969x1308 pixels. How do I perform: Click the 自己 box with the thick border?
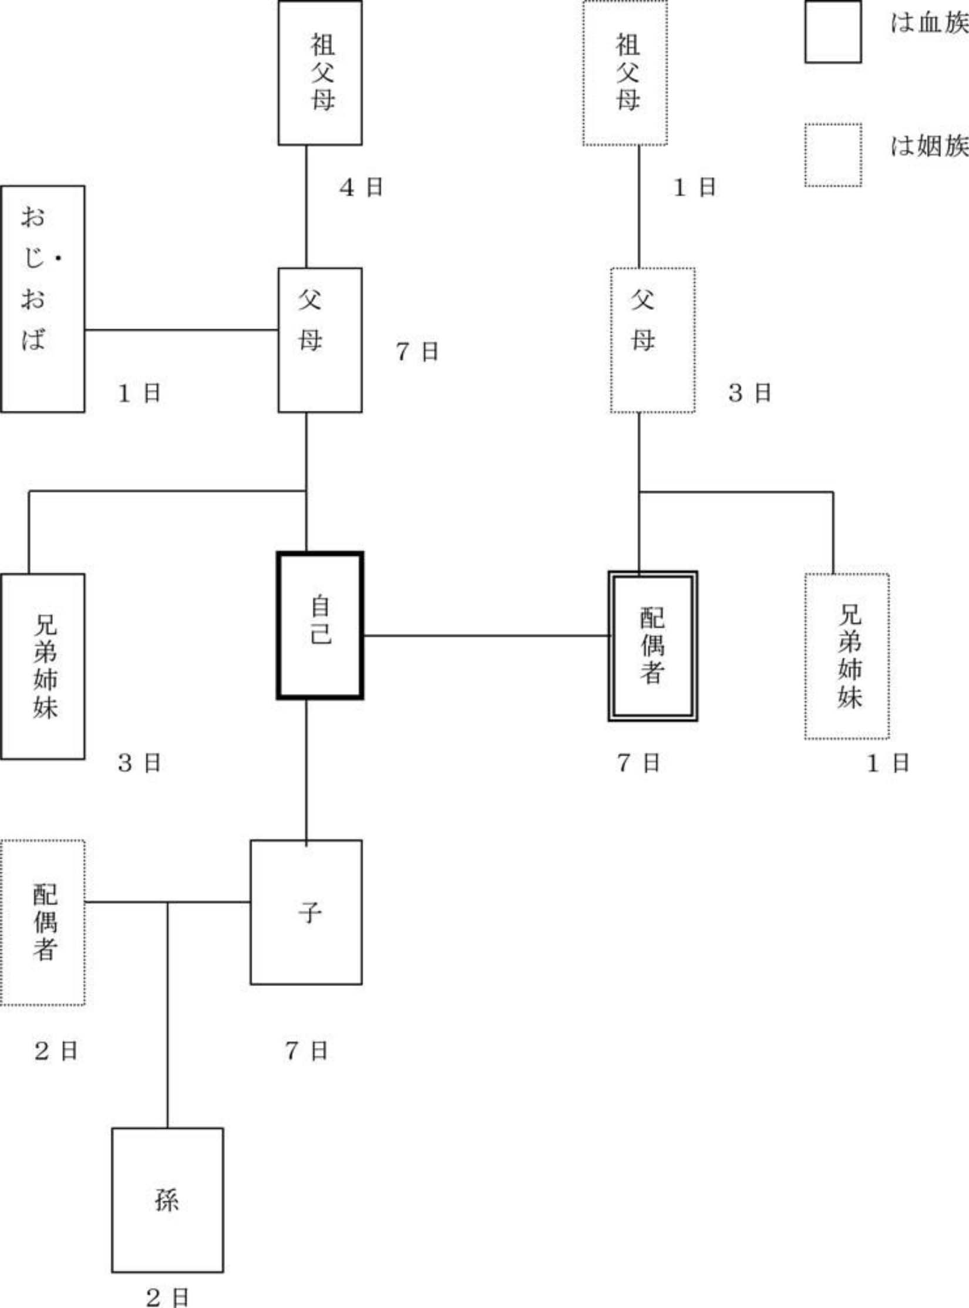319,625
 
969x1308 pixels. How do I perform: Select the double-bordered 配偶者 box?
652,646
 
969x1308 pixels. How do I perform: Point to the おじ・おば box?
42,299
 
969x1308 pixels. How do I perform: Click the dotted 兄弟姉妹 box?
846,656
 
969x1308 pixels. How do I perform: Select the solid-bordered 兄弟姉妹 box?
42,666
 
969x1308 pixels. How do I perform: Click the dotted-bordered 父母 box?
652,340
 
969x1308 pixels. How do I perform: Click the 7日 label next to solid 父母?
417,352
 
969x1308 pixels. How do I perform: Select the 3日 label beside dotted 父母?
749,393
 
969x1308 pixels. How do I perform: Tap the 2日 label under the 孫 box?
167,1297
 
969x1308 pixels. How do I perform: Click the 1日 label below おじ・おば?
139,393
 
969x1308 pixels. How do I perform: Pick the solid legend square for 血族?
833,32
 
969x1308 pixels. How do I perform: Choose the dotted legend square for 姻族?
833,155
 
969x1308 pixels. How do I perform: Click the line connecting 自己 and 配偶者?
486,635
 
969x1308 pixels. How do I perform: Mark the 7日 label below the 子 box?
306,1050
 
